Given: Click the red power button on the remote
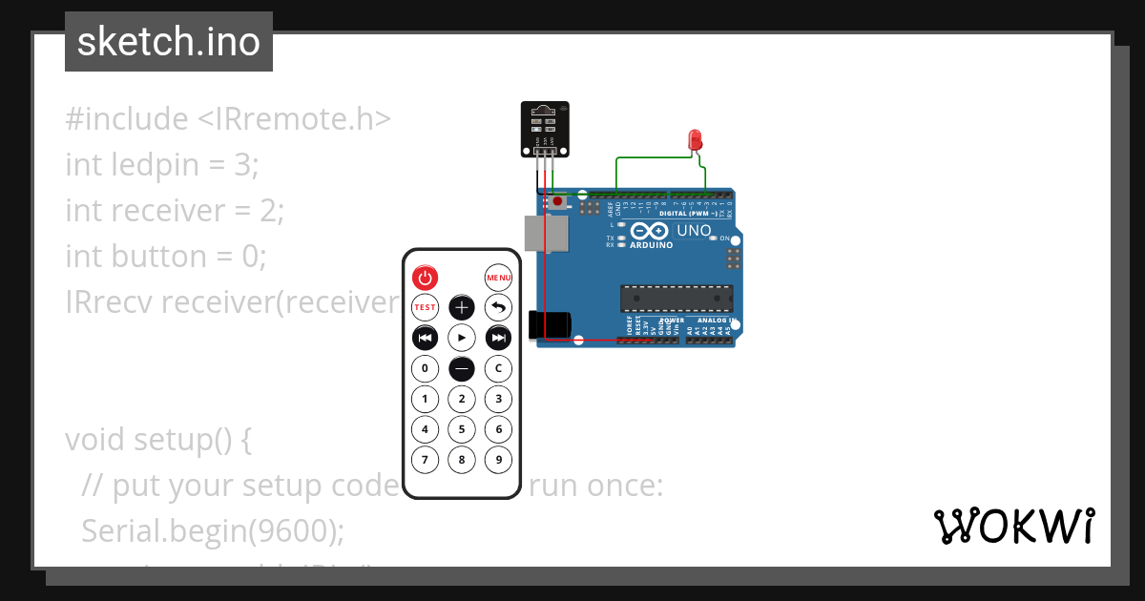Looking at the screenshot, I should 425,278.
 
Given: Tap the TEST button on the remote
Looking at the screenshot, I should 425,307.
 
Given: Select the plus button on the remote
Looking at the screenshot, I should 462,307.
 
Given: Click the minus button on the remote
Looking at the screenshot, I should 462,368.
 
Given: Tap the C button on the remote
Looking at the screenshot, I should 498,368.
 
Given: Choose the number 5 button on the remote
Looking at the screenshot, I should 462,429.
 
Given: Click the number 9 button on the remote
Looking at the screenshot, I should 498,460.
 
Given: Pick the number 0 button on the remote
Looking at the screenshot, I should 425,368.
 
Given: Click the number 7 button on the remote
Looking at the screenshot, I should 425,460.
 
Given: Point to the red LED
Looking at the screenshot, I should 695,139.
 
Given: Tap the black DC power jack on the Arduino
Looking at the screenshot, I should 551,324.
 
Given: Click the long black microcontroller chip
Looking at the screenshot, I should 677,299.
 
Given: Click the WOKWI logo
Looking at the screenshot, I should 1013,527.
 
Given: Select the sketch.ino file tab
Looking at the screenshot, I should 169,42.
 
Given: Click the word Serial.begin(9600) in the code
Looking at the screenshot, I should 213,530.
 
